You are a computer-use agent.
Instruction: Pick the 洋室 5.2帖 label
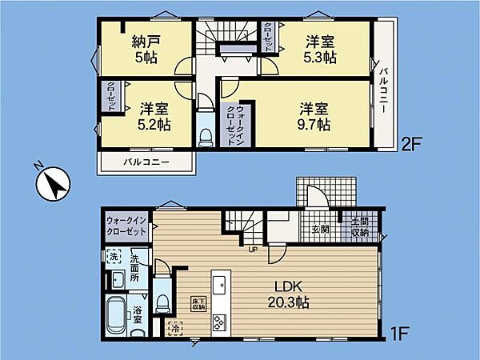click(x=154, y=118)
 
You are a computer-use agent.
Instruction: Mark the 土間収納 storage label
click(x=360, y=227)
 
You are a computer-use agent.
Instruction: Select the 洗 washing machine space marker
click(x=114, y=257)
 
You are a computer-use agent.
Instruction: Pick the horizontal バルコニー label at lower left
click(x=146, y=162)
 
